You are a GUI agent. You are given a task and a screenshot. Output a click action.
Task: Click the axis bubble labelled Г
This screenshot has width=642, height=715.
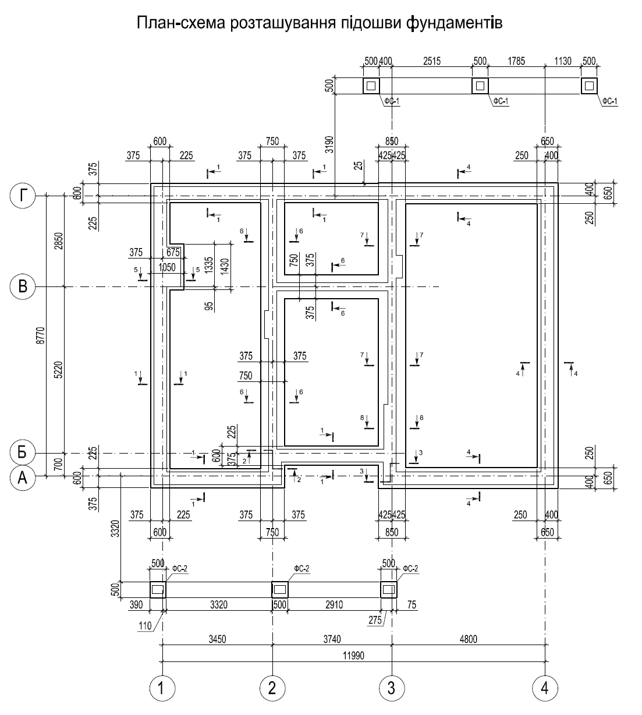(23, 196)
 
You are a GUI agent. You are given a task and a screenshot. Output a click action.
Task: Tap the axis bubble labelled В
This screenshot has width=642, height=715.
(23, 286)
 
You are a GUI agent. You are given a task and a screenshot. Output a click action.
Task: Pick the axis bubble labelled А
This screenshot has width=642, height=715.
(23, 478)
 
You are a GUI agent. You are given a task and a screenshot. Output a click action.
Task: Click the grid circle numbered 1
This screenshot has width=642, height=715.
(162, 688)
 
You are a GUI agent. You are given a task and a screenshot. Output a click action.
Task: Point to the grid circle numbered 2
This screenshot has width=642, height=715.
(272, 688)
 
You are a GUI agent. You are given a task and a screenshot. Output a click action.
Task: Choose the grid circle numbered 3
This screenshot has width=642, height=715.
(392, 688)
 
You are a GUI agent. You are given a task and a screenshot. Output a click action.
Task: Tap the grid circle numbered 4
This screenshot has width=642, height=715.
(545, 688)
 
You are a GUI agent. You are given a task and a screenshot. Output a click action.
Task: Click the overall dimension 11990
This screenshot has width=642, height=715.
(353, 656)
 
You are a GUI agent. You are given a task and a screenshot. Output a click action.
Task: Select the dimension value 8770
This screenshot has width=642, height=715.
(41, 335)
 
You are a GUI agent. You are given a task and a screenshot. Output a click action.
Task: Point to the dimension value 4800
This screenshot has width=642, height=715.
(469, 639)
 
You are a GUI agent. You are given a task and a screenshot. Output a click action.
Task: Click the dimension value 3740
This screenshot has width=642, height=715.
(332, 639)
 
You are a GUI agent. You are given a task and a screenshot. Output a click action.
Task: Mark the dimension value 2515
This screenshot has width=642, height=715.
(432, 61)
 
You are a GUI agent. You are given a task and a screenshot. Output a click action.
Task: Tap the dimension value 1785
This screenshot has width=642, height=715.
(516, 61)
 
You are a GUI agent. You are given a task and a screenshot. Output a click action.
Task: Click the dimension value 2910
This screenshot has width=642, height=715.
(334, 604)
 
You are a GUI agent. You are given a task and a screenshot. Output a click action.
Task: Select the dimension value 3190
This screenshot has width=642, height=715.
(329, 144)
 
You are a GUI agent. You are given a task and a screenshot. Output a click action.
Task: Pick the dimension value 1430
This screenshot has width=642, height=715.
(225, 267)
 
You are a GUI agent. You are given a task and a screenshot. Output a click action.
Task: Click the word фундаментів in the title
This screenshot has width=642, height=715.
(455, 23)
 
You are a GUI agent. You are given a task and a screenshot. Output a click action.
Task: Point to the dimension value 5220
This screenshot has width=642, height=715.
(59, 370)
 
